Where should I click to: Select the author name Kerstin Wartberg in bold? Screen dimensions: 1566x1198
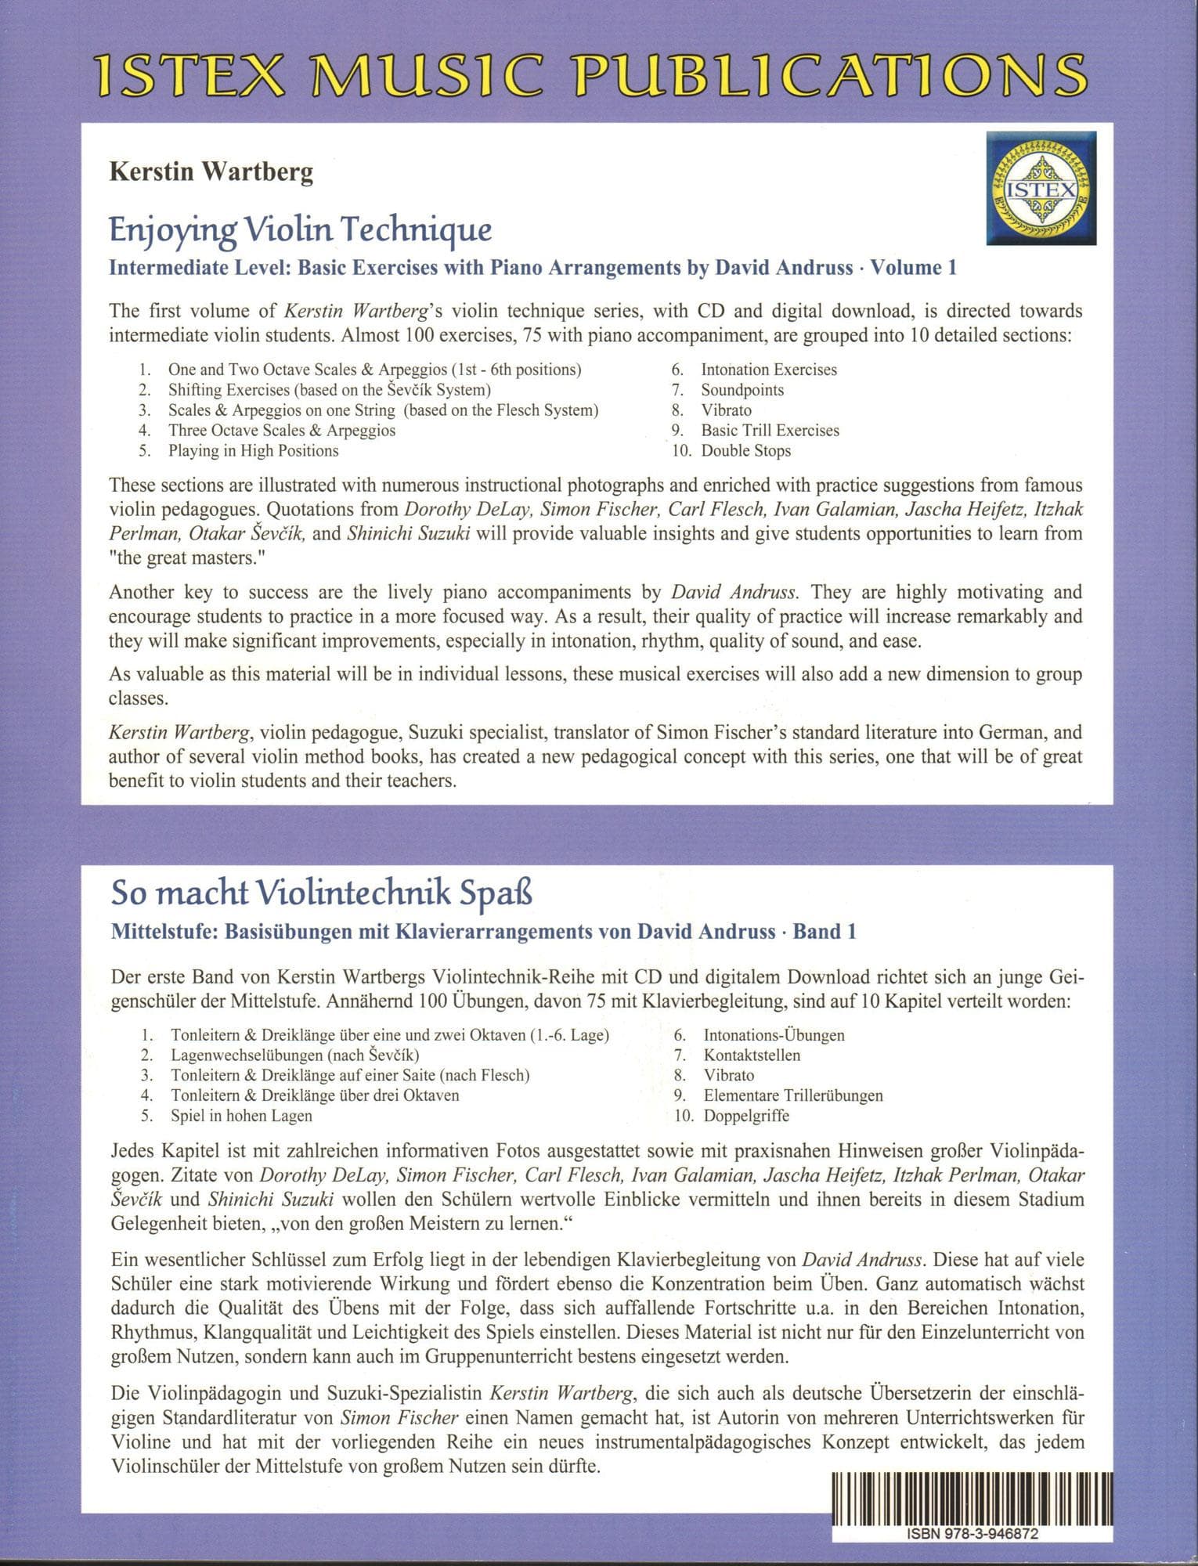tap(211, 172)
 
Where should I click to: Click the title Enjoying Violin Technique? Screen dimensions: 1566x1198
tap(300, 230)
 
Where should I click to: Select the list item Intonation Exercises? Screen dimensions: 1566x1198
tap(768, 370)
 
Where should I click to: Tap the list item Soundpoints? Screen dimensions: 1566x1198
tap(742, 390)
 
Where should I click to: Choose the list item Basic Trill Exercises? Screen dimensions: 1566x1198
tap(770, 431)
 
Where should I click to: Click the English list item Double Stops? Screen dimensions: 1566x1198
tap(745, 451)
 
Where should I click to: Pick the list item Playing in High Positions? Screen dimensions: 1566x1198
tap(253, 451)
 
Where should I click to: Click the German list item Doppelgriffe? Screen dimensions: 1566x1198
tap(746, 1116)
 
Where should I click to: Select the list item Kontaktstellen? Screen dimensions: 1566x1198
tap(752, 1055)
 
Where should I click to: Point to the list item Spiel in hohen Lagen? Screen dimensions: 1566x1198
tap(241, 1116)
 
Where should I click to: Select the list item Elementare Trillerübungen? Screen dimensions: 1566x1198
tap(792, 1095)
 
